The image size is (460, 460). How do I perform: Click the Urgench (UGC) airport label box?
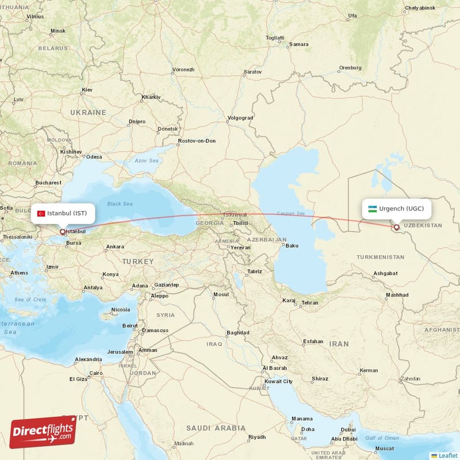coord(396,208)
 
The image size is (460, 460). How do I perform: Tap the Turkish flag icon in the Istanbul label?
coord(41,213)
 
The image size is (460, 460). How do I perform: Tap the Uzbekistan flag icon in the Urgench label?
coord(373,209)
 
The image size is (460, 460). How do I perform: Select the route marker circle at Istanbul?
coord(62,232)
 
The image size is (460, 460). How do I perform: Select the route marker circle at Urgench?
coord(396,228)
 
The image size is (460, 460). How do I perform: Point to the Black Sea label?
coord(120,204)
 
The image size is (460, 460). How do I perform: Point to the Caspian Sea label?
coord(290,213)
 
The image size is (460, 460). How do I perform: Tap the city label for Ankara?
coord(114,247)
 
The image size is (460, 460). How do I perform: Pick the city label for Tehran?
coord(310,302)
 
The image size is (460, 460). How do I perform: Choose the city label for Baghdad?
coord(237,332)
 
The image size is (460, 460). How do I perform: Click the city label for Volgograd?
coord(240,118)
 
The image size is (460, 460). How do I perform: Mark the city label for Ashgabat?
coord(385,273)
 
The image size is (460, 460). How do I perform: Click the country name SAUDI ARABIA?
coord(216,428)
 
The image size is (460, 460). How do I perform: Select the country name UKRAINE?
coord(88,113)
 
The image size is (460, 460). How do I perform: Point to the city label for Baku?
coord(292,246)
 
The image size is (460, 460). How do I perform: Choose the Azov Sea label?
coord(145,160)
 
